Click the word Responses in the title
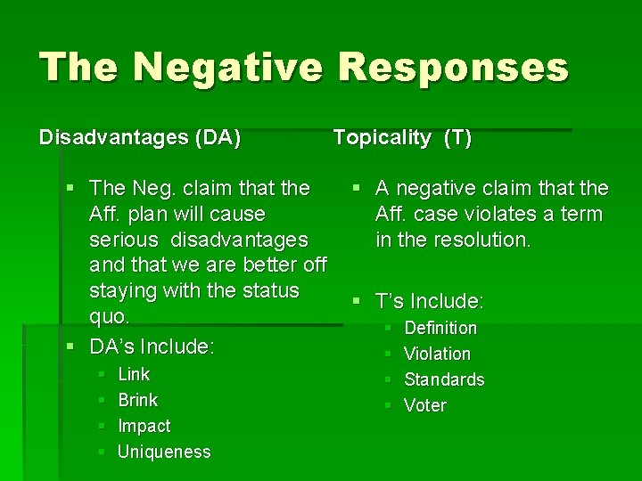[455, 68]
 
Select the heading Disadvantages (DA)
[140, 138]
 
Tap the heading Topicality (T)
[402, 137]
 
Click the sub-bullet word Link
[134, 374]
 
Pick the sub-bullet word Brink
[137, 400]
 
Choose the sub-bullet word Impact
[144, 426]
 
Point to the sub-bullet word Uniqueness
[164, 452]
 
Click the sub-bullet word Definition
[440, 328]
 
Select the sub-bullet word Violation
[437, 354]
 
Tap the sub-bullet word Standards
[444, 379]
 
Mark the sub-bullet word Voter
[425, 405]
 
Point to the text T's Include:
[430, 301]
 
